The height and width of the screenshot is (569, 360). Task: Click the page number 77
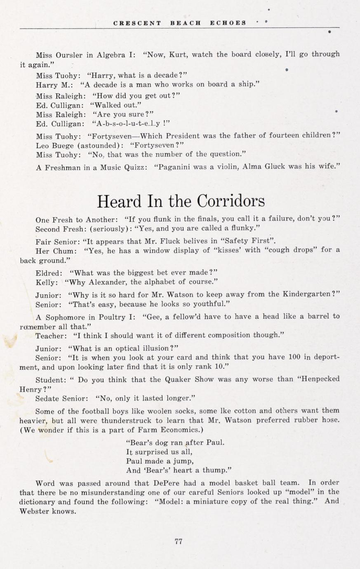click(x=179, y=542)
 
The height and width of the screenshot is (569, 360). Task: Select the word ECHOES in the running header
click(x=228, y=23)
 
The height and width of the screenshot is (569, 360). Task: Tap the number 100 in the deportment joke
click(x=294, y=357)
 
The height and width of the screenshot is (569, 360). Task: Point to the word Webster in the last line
click(x=35, y=512)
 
